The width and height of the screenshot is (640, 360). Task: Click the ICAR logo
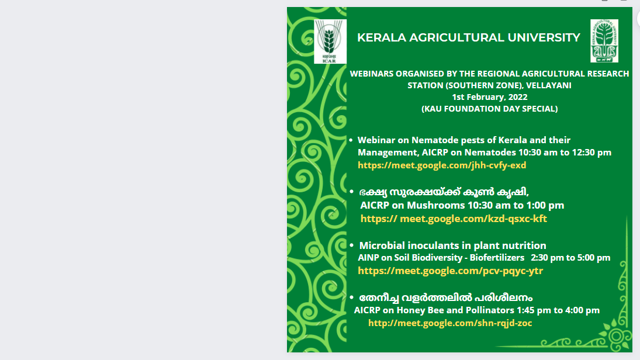[330, 41]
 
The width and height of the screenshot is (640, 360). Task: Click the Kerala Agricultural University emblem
[604, 41]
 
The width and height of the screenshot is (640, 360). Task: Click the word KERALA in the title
[382, 37]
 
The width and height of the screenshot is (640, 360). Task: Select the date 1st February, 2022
[489, 97]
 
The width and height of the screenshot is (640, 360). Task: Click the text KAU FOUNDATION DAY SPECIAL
[489, 109]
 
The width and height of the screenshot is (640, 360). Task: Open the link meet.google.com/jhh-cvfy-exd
[442, 165]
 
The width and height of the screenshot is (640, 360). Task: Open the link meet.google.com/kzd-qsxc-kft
[454, 219]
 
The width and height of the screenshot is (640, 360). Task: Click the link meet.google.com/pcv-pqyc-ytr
[450, 271]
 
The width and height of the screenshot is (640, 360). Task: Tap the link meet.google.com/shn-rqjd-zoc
[450, 323]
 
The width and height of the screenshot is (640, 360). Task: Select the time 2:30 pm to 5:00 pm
[570, 258]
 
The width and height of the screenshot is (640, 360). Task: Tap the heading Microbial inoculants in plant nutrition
[452, 245]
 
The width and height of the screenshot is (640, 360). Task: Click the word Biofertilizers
[497, 258]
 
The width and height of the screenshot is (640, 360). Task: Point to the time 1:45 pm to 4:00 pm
[558, 310]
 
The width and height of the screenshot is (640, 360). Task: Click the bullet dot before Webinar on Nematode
[351, 140]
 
